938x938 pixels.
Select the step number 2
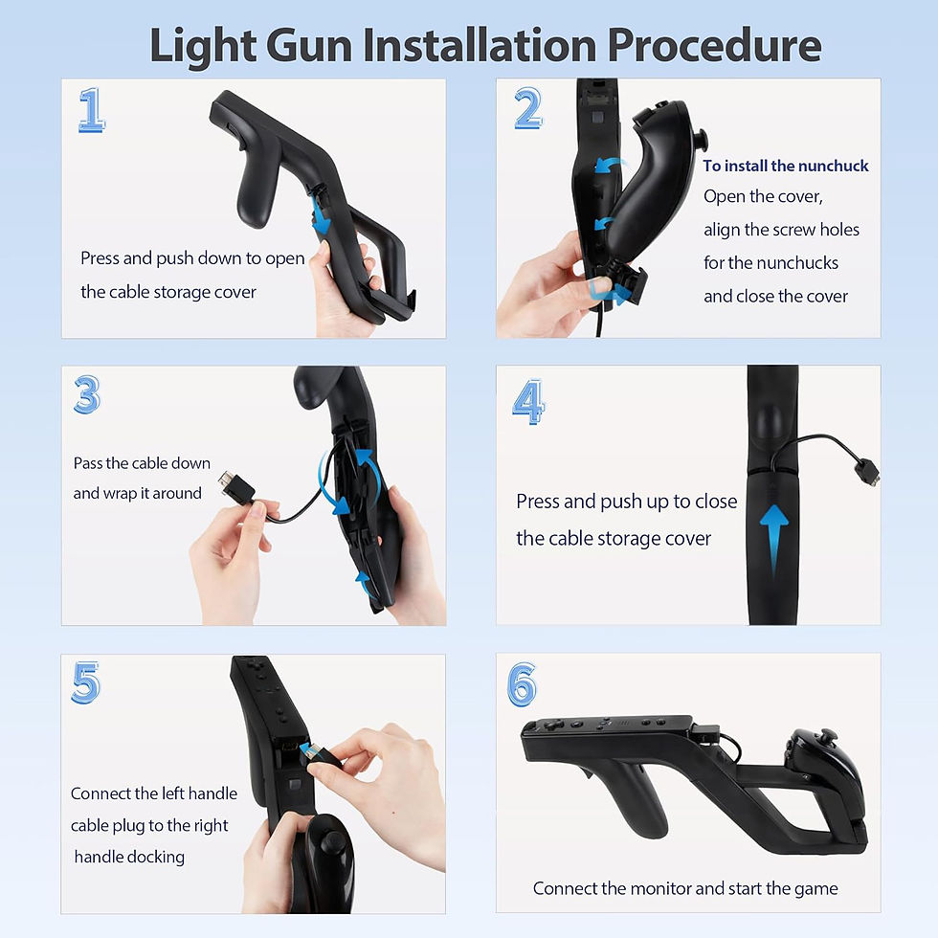[527, 110]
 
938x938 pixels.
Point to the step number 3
[87, 394]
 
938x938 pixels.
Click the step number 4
[527, 401]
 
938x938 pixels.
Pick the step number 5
[86, 682]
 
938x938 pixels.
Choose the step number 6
[522, 683]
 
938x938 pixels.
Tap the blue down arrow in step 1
[321, 214]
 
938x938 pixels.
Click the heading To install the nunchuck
[785, 166]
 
